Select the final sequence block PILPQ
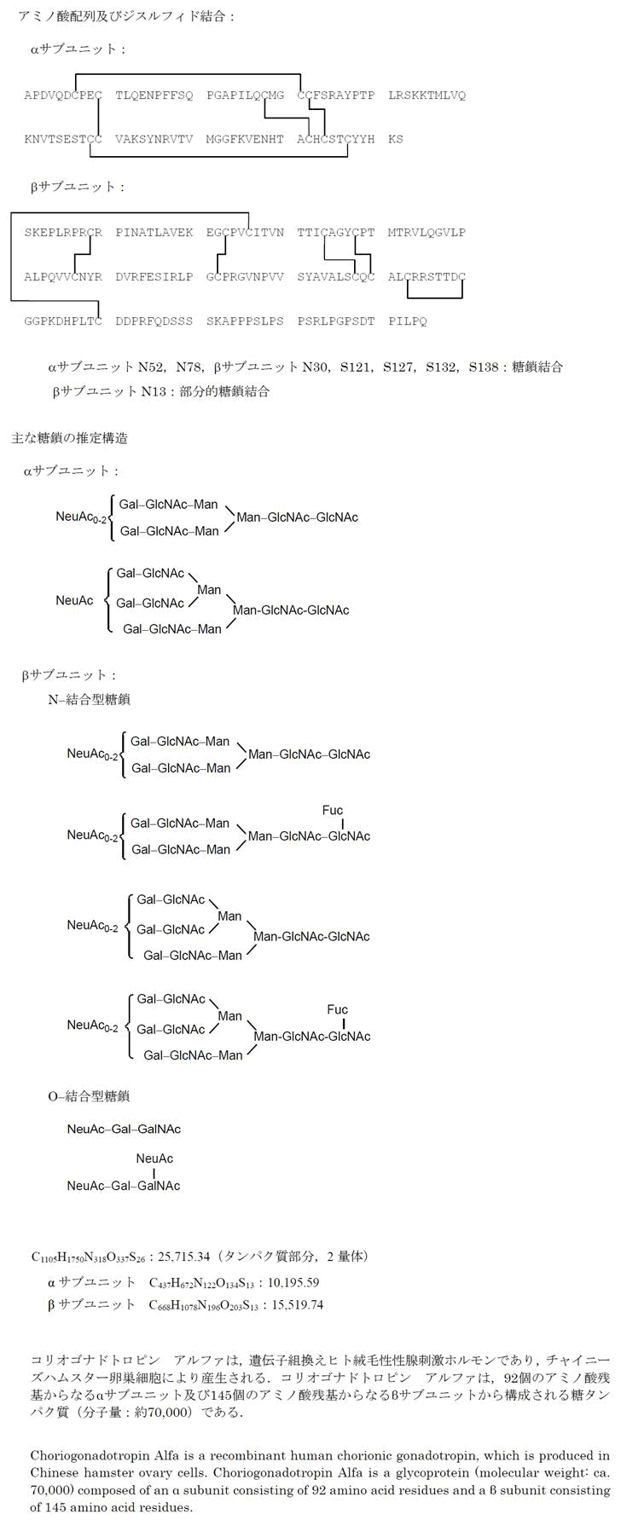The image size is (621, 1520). click(x=408, y=321)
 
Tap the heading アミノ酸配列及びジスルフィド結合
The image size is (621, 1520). click(x=125, y=16)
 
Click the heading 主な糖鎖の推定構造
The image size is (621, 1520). click(x=69, y=438)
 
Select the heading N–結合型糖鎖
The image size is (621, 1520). click(x=89, y=700)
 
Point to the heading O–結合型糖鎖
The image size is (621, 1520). click(x=89, y=1096)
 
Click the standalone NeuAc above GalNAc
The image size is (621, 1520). click(x=154, y=1159)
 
